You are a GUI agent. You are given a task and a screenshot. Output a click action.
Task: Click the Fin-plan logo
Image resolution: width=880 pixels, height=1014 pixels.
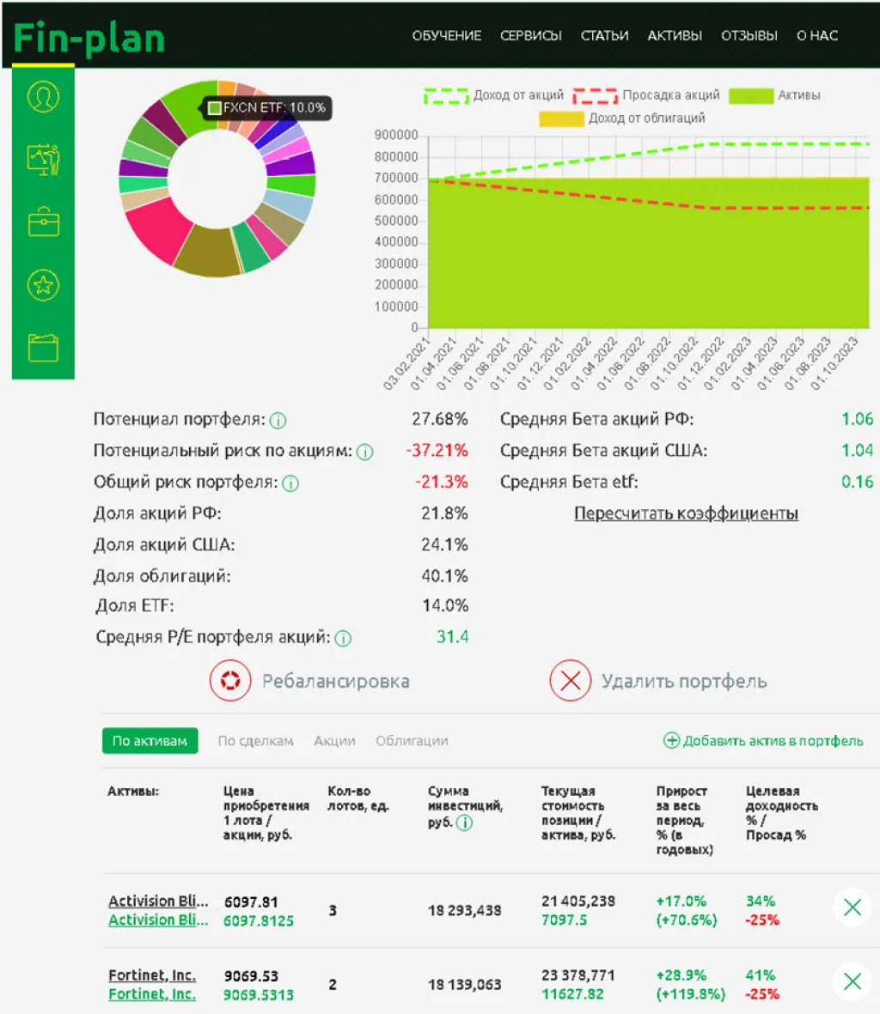(89, 39)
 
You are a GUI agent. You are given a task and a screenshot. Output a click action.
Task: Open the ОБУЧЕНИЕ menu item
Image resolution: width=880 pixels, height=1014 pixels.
(446, 36)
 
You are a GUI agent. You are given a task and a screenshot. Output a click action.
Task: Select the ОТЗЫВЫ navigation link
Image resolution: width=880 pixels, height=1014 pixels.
(749, 36)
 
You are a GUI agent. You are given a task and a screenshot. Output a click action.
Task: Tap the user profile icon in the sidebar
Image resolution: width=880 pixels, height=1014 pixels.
(43, 96)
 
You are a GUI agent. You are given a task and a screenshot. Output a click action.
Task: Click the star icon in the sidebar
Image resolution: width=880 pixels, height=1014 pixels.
(43, 285)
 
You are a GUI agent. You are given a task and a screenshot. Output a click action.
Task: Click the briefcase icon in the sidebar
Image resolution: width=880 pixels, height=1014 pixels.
(43, 222)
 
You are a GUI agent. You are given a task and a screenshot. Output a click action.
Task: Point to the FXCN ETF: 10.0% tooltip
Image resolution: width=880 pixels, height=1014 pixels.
(267, 108)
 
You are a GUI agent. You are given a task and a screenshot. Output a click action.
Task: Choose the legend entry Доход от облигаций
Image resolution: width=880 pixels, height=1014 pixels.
(622, 118)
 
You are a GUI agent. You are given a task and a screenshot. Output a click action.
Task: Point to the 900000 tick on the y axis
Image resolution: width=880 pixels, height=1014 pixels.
(396, 136)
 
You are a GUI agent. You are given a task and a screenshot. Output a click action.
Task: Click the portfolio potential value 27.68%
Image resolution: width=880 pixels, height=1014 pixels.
(439, 419)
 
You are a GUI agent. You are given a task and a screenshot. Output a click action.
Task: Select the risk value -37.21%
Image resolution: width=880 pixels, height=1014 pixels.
(437, 451)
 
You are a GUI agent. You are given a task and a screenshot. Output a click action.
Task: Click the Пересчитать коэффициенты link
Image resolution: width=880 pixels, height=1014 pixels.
(686, 513)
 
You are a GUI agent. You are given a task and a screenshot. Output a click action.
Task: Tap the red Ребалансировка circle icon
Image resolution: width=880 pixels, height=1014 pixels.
(230, 681)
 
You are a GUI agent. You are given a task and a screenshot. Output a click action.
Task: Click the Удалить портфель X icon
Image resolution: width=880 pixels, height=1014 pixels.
(570, 681)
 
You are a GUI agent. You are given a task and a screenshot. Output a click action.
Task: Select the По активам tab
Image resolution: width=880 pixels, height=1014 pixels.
(150, 741)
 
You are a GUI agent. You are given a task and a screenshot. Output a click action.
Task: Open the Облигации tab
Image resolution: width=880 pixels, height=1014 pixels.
(412, 741)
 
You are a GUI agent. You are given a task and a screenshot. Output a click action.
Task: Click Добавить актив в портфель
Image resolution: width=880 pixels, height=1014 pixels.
(763, 741)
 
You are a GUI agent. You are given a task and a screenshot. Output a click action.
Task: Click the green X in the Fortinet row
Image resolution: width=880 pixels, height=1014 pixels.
(852, 981)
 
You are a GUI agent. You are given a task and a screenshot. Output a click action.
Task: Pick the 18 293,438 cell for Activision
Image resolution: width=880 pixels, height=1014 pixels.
(464, 910)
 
